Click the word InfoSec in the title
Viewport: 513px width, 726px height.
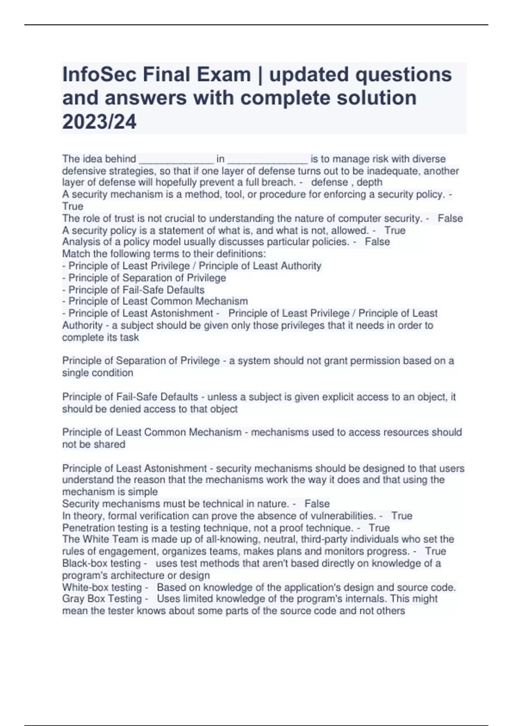point(99,75)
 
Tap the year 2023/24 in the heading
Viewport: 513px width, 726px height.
point(99,122)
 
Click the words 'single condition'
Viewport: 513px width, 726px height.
point(97,373)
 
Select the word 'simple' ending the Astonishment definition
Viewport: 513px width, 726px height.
point(144,492)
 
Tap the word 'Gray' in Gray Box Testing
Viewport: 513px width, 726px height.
point(73,599)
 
